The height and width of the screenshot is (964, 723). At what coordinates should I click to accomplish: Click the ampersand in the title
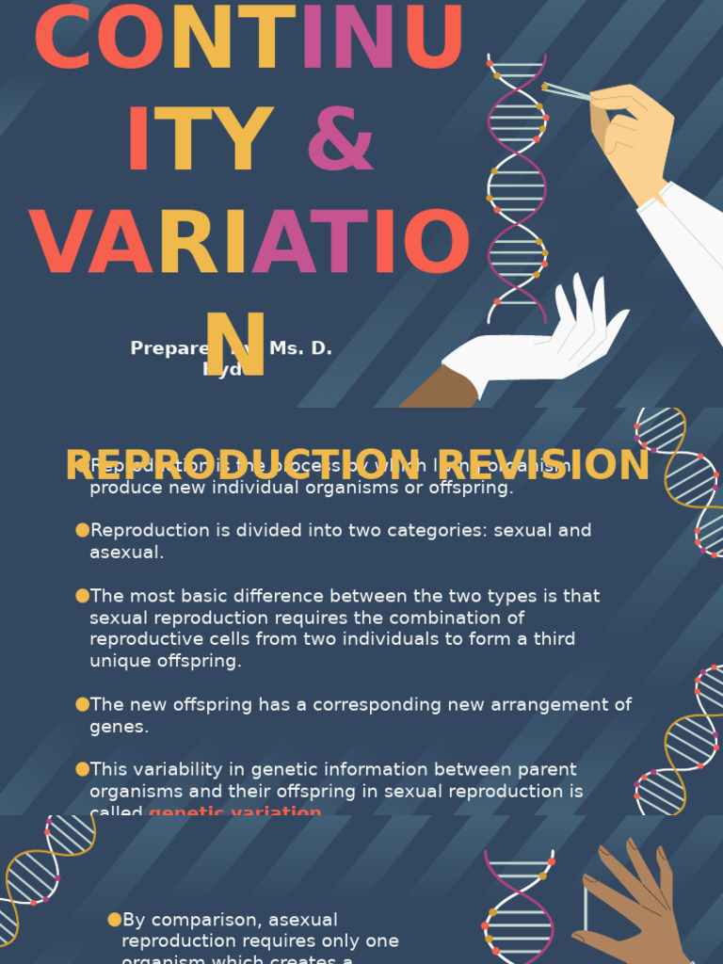340,140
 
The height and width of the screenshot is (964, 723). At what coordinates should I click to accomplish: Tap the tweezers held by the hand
567,91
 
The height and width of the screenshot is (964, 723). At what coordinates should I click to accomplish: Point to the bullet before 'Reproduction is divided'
82,530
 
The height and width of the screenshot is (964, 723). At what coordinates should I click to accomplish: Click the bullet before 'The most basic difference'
82,596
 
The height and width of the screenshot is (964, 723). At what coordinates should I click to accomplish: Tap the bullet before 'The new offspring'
82,704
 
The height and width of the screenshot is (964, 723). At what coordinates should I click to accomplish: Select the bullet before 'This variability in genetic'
82,769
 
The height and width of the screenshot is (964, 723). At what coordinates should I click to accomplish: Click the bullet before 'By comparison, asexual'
115,920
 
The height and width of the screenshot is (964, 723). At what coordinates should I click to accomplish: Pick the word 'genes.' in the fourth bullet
119,727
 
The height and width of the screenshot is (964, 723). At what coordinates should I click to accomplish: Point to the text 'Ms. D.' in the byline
300,348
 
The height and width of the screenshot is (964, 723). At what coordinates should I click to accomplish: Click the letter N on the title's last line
235,344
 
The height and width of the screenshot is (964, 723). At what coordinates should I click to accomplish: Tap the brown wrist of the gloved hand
441,388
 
